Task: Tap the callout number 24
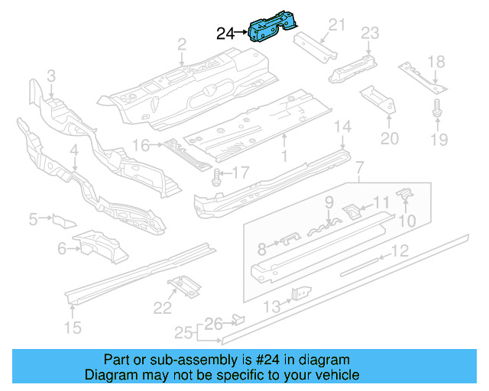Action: pyautogui.click(x=225, y=33)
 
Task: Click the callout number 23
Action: pyautogui.click(x=370, y=33)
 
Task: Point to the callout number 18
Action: pyautogui.click(x=436, y=62)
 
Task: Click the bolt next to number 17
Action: pyautogui.click(x=216, y=179)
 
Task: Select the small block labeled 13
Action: pyautogui.click(x=301, y=293)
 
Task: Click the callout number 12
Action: pyautogui.click(x=400, y=250)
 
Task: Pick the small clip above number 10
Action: pyautogui.click(x=406, y=195)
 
